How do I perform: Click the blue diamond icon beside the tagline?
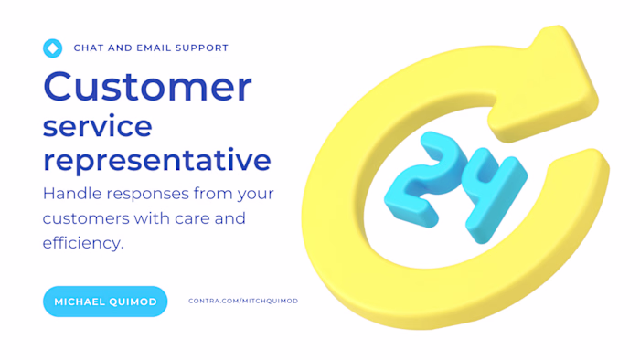click(52, 48)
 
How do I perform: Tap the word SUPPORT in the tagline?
click(204, 48)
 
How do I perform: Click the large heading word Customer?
click(147, 87)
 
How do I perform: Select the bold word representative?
click(157, 160)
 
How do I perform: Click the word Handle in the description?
click(73, 194)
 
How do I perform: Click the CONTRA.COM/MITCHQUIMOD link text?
click(243, 301)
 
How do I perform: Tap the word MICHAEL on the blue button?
click(80, 302)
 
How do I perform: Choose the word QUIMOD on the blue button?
click(133, 302)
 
